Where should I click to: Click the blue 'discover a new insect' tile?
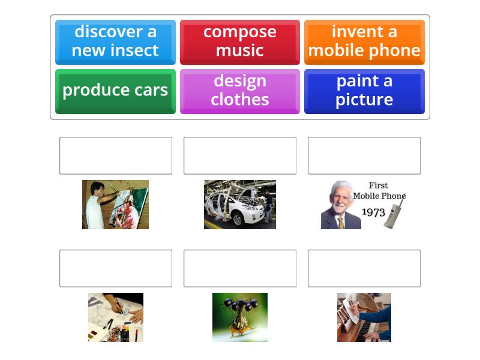(x=115, y=42)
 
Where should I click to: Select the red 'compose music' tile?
(x=239, y=42)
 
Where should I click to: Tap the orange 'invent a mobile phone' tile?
(x=364, y=42)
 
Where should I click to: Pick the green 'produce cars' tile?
(x=115, y=92)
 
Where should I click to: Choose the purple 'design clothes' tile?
(x=239, y=92)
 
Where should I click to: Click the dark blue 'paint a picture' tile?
(x=364, y=92)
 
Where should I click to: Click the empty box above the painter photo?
(x=116, y=155)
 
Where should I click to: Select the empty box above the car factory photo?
(x=240, y=155)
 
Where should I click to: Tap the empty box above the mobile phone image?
(x=364, y=155)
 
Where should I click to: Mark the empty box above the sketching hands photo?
(x=116, y=268)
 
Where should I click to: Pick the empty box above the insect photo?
(x=240, y=268)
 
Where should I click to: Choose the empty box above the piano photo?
(x=364, y=268)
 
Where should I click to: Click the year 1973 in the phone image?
(x=373, y=212)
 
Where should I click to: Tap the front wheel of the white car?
(x=237, y=220)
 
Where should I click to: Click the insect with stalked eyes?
(x=240, y=316)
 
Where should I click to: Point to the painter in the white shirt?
(x=98, y=206)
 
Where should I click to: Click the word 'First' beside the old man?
(x=379, y=185)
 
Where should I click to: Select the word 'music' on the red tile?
(x=239, y=50)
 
